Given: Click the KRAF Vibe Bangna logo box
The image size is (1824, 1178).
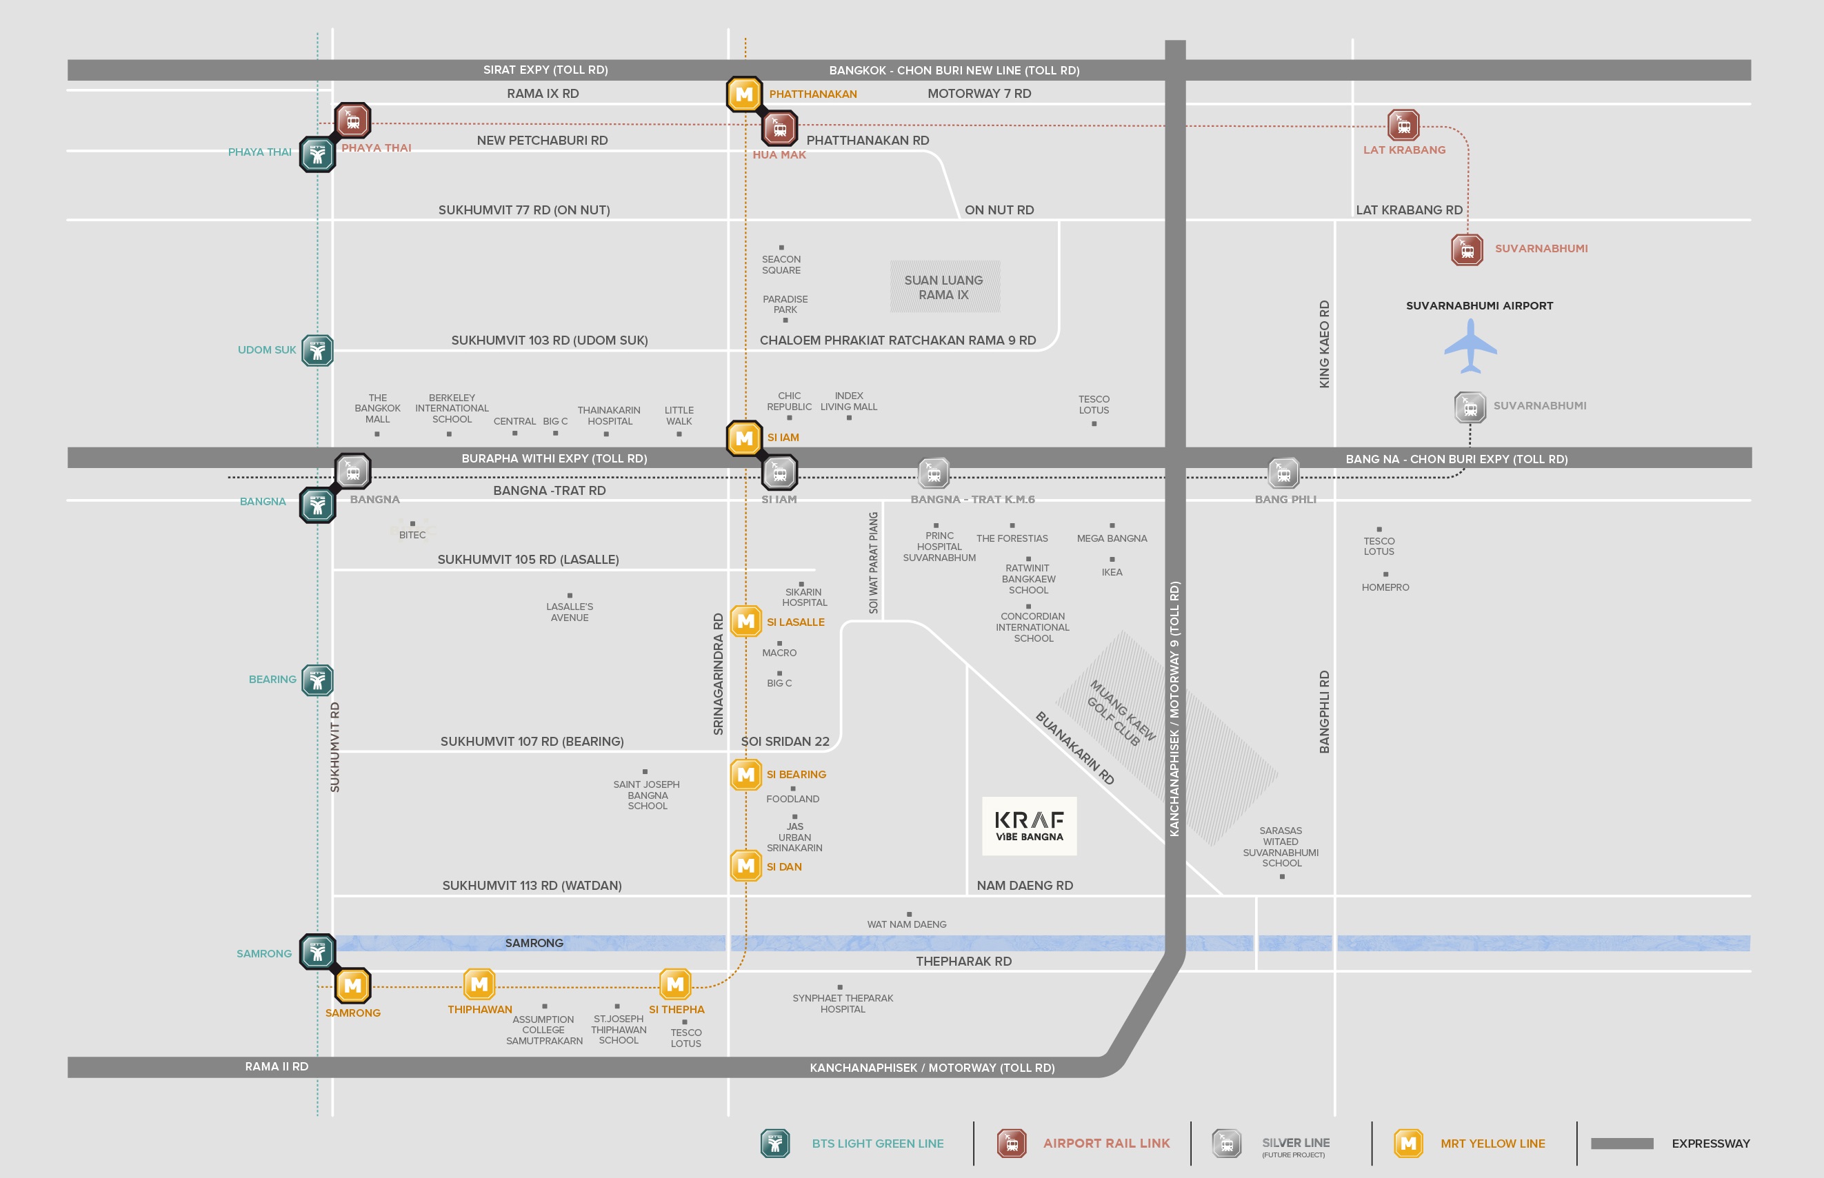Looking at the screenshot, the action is point(1029,826).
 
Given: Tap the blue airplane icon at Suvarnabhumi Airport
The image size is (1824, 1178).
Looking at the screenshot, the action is point(1470,347).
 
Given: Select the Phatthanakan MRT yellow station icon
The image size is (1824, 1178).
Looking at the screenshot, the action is point(743,94).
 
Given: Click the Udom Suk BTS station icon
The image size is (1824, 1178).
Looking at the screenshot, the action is point(317,350).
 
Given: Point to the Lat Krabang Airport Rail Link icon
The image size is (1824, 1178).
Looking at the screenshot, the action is point(1403,125).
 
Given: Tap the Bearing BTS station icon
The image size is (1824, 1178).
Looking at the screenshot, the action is point(317,680).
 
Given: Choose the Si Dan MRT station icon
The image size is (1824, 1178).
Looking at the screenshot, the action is point(746,866).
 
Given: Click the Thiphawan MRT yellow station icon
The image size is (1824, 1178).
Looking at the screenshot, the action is point(480,984).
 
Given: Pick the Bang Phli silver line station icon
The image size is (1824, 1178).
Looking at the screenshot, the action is point(1284,474).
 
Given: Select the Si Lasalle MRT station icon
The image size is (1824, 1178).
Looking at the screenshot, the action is point(746,621).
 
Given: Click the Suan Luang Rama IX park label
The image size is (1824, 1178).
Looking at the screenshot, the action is point(944,287).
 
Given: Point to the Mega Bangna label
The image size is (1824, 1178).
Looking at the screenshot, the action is point(1112,538).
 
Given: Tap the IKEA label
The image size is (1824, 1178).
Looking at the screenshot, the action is point(1112,572).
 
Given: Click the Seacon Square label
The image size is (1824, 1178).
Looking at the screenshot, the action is point(781,265).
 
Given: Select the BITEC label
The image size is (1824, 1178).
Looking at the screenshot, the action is point(412,535).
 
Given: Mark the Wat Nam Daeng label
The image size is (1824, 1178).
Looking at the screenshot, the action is point(907,924).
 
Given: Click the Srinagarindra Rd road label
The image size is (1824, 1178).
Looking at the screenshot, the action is point(718,674).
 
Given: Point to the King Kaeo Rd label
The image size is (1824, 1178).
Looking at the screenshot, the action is point(1325,343).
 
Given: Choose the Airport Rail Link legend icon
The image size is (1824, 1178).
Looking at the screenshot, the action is point(1012,1144).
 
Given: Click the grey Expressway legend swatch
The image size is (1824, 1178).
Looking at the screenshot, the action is point(1622,1144).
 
